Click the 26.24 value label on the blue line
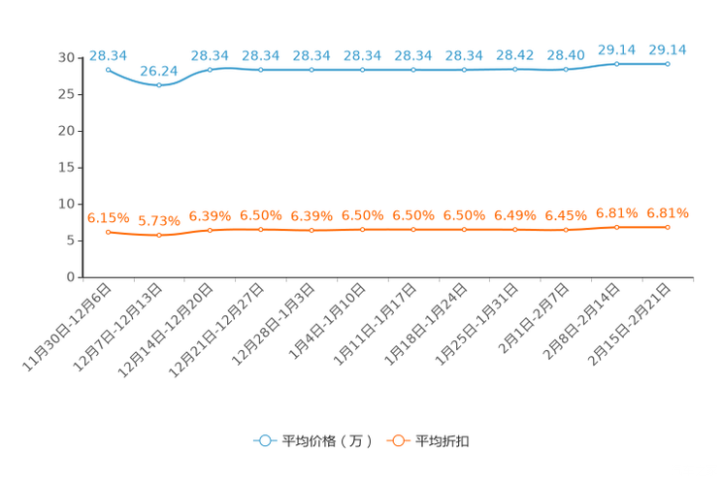[159, 71]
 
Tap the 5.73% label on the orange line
[159, 221]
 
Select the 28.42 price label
[514, 55]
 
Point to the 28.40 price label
[566, 55]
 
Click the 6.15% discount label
[109, 218]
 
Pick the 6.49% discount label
[514, 215]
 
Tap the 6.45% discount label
[566, 215]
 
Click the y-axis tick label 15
[66, 168]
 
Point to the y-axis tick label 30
[66, 57]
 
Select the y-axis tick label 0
[71, 277]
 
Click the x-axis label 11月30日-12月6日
[67, 327]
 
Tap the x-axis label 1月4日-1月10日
[327, 321]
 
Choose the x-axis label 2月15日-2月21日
[629, 324]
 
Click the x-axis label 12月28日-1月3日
[273, 324]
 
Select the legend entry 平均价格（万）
[312, 441]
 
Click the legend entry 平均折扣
[428, 441]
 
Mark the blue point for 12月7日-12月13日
[159, 85]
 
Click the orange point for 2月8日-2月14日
[616, 227]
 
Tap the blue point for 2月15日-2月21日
[668, 64]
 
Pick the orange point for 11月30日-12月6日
[109, 233]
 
